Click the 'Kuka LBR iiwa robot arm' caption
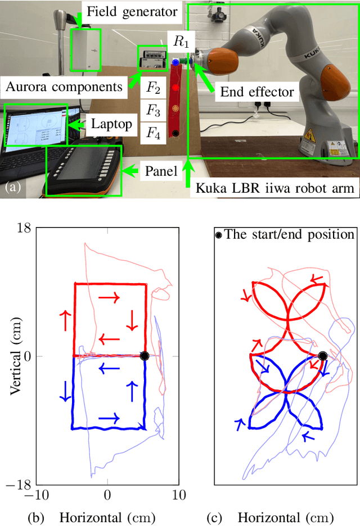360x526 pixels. [276, 189]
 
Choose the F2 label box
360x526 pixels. [154, 87]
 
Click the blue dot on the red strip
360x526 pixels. [176, 62]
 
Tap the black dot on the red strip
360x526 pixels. [176, 133]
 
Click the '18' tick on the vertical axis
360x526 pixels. [24, 228]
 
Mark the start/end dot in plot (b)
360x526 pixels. [145, 356]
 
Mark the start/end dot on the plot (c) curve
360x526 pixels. [322, 356]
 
